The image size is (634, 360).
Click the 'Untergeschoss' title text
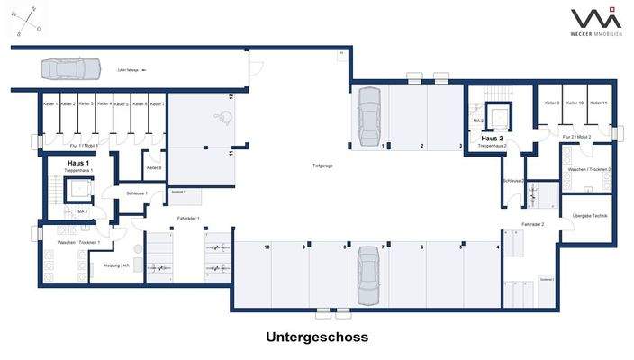(x=317, y=337)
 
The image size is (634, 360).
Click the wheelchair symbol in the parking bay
(x=222, y=115)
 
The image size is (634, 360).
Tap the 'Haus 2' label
(x=492, y=139)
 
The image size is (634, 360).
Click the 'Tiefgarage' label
(x=323, y=166)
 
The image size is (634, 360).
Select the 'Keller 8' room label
(x=153, y=167)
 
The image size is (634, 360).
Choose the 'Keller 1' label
(x=50, y=104)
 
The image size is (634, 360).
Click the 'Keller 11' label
(x=599, y=103)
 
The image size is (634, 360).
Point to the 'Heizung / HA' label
(x=118, y=265)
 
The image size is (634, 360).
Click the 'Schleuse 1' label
(x=137, y=193)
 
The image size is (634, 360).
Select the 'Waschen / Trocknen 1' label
(x=77, y=243)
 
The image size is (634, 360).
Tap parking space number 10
(x=267, y=247)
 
